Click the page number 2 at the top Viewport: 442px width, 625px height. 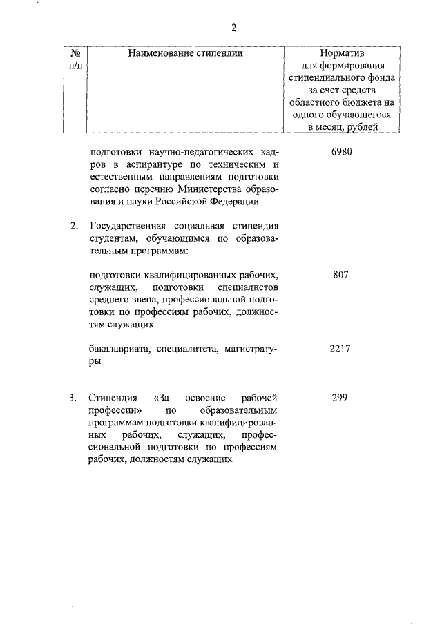coord(233,28)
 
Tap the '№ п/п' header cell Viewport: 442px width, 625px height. coord(77,58)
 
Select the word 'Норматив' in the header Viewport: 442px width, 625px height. coord(341,52)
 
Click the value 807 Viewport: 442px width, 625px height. coord(341,274)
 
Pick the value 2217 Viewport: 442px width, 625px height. coord(340,349)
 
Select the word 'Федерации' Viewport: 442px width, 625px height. coord(236,202)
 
